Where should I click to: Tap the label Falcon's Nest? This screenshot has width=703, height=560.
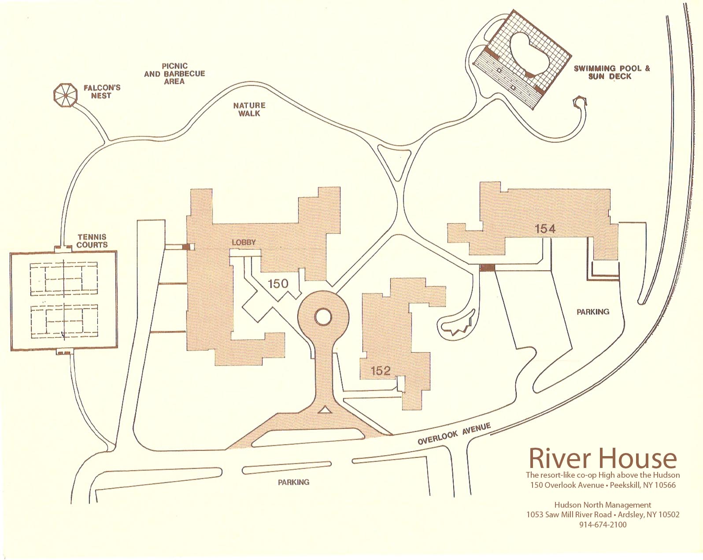(101, 92)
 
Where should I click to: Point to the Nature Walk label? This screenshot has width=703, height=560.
(249, 109)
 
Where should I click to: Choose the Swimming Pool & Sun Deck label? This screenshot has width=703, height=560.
(612, 72)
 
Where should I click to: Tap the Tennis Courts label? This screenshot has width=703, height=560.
(92, 241)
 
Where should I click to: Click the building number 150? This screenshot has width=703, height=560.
(278, 284)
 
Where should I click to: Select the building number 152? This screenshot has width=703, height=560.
(381, 371)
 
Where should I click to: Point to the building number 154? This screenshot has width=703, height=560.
(545, 228)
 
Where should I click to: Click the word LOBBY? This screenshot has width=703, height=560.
(244, 243)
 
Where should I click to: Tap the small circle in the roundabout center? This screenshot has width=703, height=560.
(323, 316)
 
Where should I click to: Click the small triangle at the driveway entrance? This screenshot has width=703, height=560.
(325, 410)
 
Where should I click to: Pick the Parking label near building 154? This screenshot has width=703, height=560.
(593, 312)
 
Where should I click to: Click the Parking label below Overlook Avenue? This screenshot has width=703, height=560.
(293, 482)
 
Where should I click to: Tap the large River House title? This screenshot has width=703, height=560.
(602, 458)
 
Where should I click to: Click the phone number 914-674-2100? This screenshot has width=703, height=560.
(603, 524)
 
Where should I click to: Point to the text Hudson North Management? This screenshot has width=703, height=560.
(602, 505)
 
